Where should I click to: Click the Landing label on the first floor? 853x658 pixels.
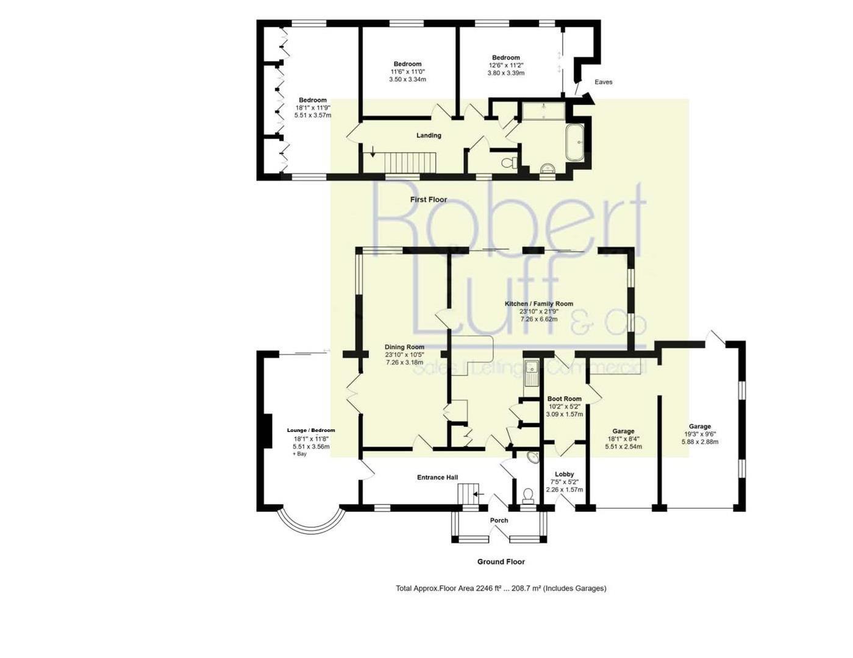[429, 135]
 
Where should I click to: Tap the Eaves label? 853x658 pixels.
[604, 82]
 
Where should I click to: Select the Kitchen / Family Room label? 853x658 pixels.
[538, 303]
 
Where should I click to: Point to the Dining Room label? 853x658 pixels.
[404, 347]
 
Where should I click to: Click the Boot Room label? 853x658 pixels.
[565, 398]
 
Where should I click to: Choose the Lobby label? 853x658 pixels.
[564, 474]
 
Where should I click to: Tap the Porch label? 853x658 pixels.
[499, 520]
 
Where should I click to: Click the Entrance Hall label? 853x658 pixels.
[437, 477]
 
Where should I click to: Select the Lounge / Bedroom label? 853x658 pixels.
[311, 430]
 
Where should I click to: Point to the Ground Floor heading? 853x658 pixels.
[501, 562]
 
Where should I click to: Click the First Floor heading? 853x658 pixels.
[429, 200]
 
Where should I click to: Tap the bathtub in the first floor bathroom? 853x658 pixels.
[575, 143]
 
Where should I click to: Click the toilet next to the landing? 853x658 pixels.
[510, 162]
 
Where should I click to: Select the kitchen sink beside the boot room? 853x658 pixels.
[532, 372]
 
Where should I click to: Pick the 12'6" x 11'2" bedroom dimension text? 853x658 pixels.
[506, 65]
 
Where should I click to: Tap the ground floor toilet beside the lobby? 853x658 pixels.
[529, 495]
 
